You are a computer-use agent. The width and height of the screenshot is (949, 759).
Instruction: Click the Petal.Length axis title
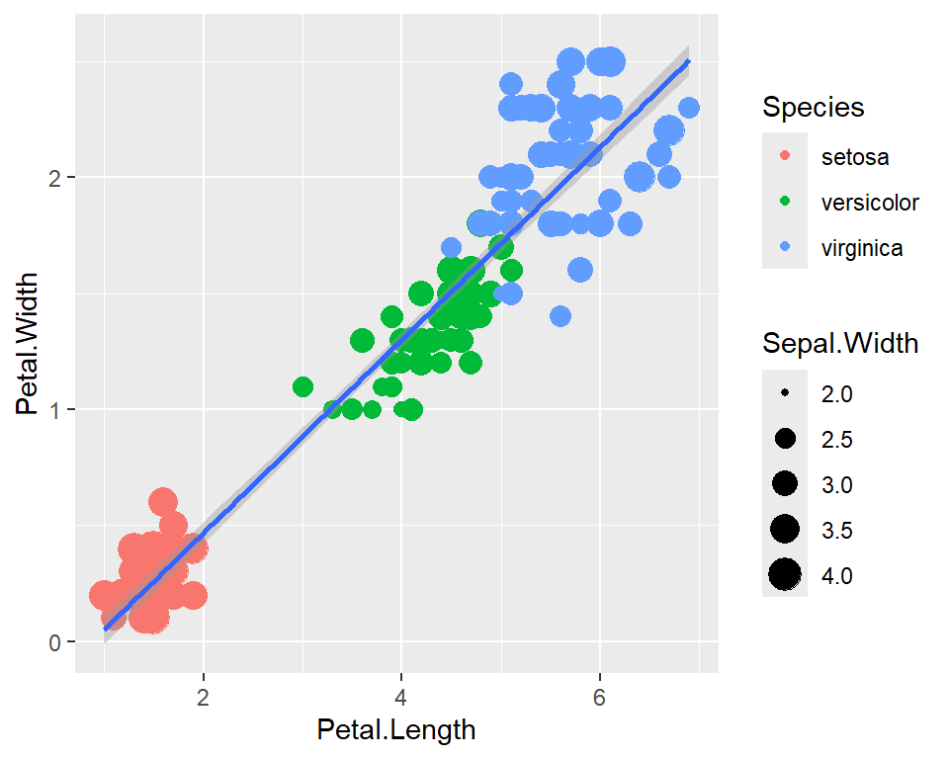(x=395, y=730)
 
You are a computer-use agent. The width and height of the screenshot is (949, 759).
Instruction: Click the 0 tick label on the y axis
(x=56, y=641)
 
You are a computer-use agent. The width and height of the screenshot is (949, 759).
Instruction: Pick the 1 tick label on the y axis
(x=56, y=409)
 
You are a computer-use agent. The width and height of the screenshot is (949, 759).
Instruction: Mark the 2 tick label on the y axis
(x=56, y=178)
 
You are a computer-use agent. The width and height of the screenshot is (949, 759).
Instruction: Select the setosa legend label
(x=854, y=156)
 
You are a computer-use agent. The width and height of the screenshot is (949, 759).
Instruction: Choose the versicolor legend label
(x=870, y=203)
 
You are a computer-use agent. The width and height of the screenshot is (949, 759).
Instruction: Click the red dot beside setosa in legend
(x=786, y=156)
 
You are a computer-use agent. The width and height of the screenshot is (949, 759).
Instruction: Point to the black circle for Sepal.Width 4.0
(x=786, y=575)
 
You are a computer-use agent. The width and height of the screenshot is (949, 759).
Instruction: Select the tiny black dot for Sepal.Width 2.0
(x=786, y=393)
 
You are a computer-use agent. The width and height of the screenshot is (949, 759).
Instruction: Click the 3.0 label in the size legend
(x=836, y=484)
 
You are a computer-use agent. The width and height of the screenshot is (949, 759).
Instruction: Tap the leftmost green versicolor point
(x=302, y=386)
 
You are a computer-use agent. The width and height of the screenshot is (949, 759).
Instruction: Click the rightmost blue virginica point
(x=689, y=108)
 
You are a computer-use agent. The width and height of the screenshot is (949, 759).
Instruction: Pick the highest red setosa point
(x=163, y=502)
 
